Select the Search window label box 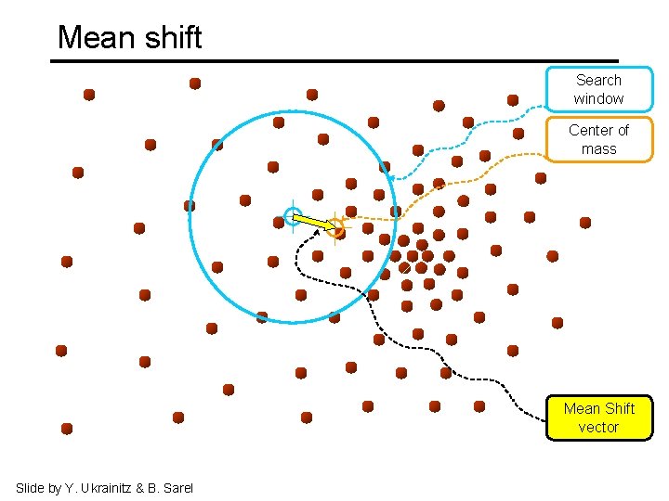pyautogui.click(x=598, y=89)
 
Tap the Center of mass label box pyautogui.click(x=598, y=139)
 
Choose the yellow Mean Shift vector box pyautogui.click(x=598, y=417)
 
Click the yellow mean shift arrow pyautogui.click(x=314, y=222)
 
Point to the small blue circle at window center pyautogui.click(x=292, y=218)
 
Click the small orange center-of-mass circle pyautogui.click(x=336, y=226)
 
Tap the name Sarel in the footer pyautogui.click(x=177, y=488)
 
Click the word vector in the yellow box pyautogui.click(x=598, y=428)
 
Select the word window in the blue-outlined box pyautogui.click(x=598, y=99)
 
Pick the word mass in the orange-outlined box pyautogui.click(x=598, y=149)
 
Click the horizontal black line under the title pyautogui.click(x=334, y=61)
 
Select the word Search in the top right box pyautogui.click(x=598, y=81)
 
